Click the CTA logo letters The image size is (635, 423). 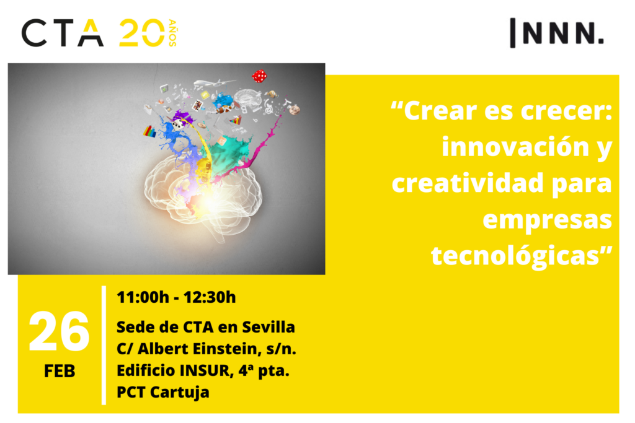click(x=63, y=33)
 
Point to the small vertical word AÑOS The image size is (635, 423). click(x=172, y=33)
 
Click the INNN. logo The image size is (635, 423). click(x=557, y=33)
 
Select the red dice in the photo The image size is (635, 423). click(x=259, y=76)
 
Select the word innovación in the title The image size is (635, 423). click(x=515, y=146)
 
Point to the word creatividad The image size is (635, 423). click(x=468, y=183)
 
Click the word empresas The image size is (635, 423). click(x=547, y=220)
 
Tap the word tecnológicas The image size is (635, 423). click(x=515, y=256)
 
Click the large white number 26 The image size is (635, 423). click(x=59, y=332)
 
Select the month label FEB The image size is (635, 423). click(x=60, y=371)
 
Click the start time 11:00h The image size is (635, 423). click(x=143, y=297)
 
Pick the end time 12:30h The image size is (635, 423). click(x=210, y=297)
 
